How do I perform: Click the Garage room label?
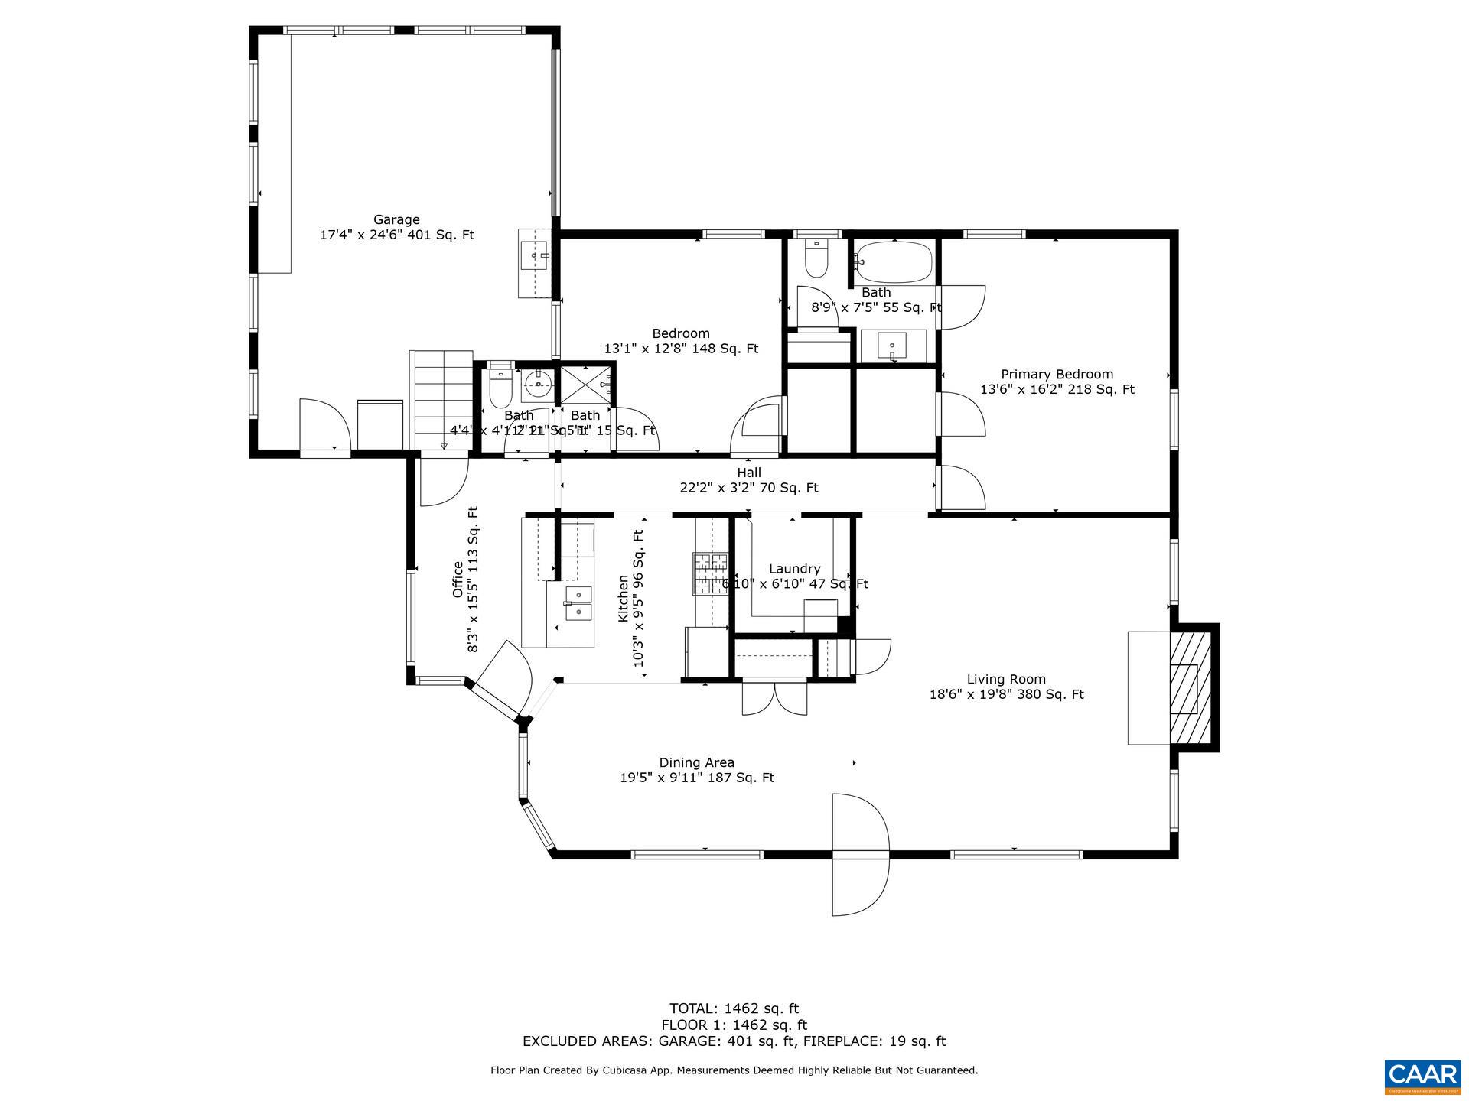(x=396, y=220)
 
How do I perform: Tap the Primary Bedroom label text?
(x=1057, y=375)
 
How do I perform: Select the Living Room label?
(x=1005, y=679)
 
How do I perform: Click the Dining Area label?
(x=696, y=762)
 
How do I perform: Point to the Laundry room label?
(x=794, y=569)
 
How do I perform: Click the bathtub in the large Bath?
(x=894, y=262)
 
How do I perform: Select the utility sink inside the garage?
(x=534, y=255)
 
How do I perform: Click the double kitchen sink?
(x=578, y=603)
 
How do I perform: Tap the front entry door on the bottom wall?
(x=860, y=855)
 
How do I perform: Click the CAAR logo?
(x=1422, y=1073)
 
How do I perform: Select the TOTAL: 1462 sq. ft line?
(x=734, y=1008)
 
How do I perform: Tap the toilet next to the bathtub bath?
(x=816, y=260)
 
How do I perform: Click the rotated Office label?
(x=458, y=580)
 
